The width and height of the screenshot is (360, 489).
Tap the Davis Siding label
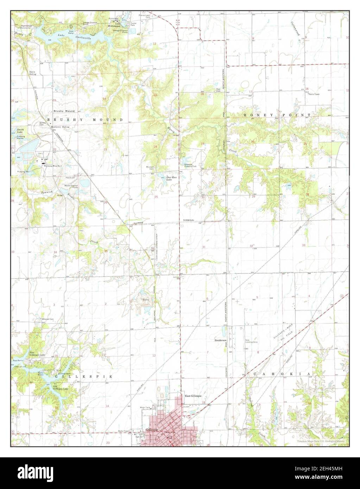33,73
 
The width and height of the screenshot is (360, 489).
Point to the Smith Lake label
21,131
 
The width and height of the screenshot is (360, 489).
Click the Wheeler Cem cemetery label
48,319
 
